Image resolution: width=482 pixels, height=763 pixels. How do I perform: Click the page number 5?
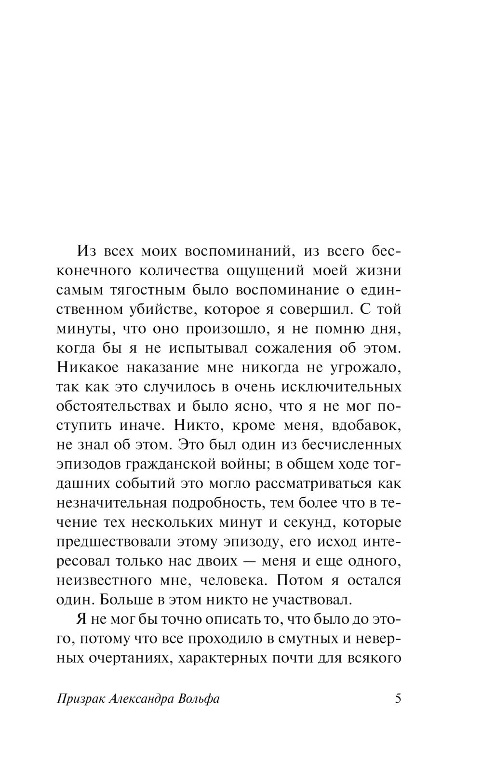[x=398, y=698]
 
